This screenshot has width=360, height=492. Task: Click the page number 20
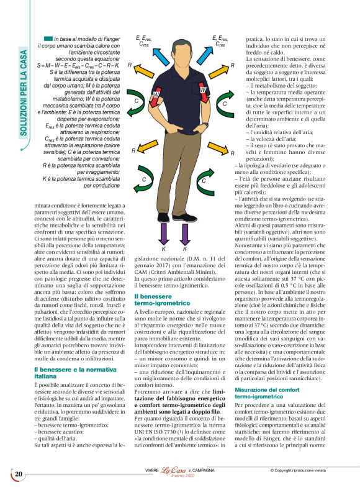pyautogui.click(x=19, y=475)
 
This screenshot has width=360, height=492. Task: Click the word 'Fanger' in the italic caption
pyautogui.click(x=105, y=39)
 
